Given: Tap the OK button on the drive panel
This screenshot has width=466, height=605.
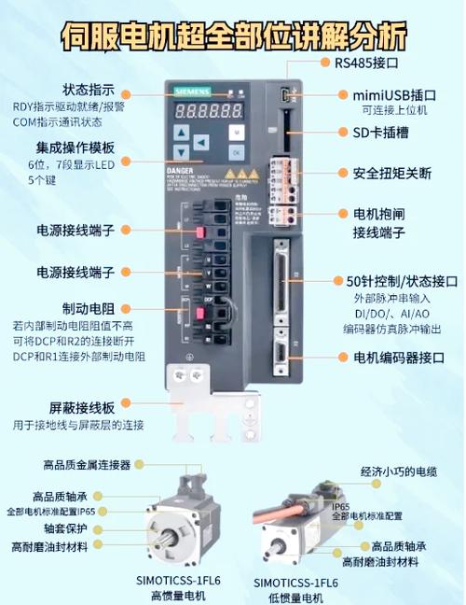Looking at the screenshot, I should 236,150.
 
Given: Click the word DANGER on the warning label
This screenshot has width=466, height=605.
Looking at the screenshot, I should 181,175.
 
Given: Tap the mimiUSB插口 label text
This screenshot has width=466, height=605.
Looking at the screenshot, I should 394,94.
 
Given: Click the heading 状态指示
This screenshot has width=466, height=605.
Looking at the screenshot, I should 88,90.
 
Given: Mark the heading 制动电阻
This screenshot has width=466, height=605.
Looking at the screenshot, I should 88,308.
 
